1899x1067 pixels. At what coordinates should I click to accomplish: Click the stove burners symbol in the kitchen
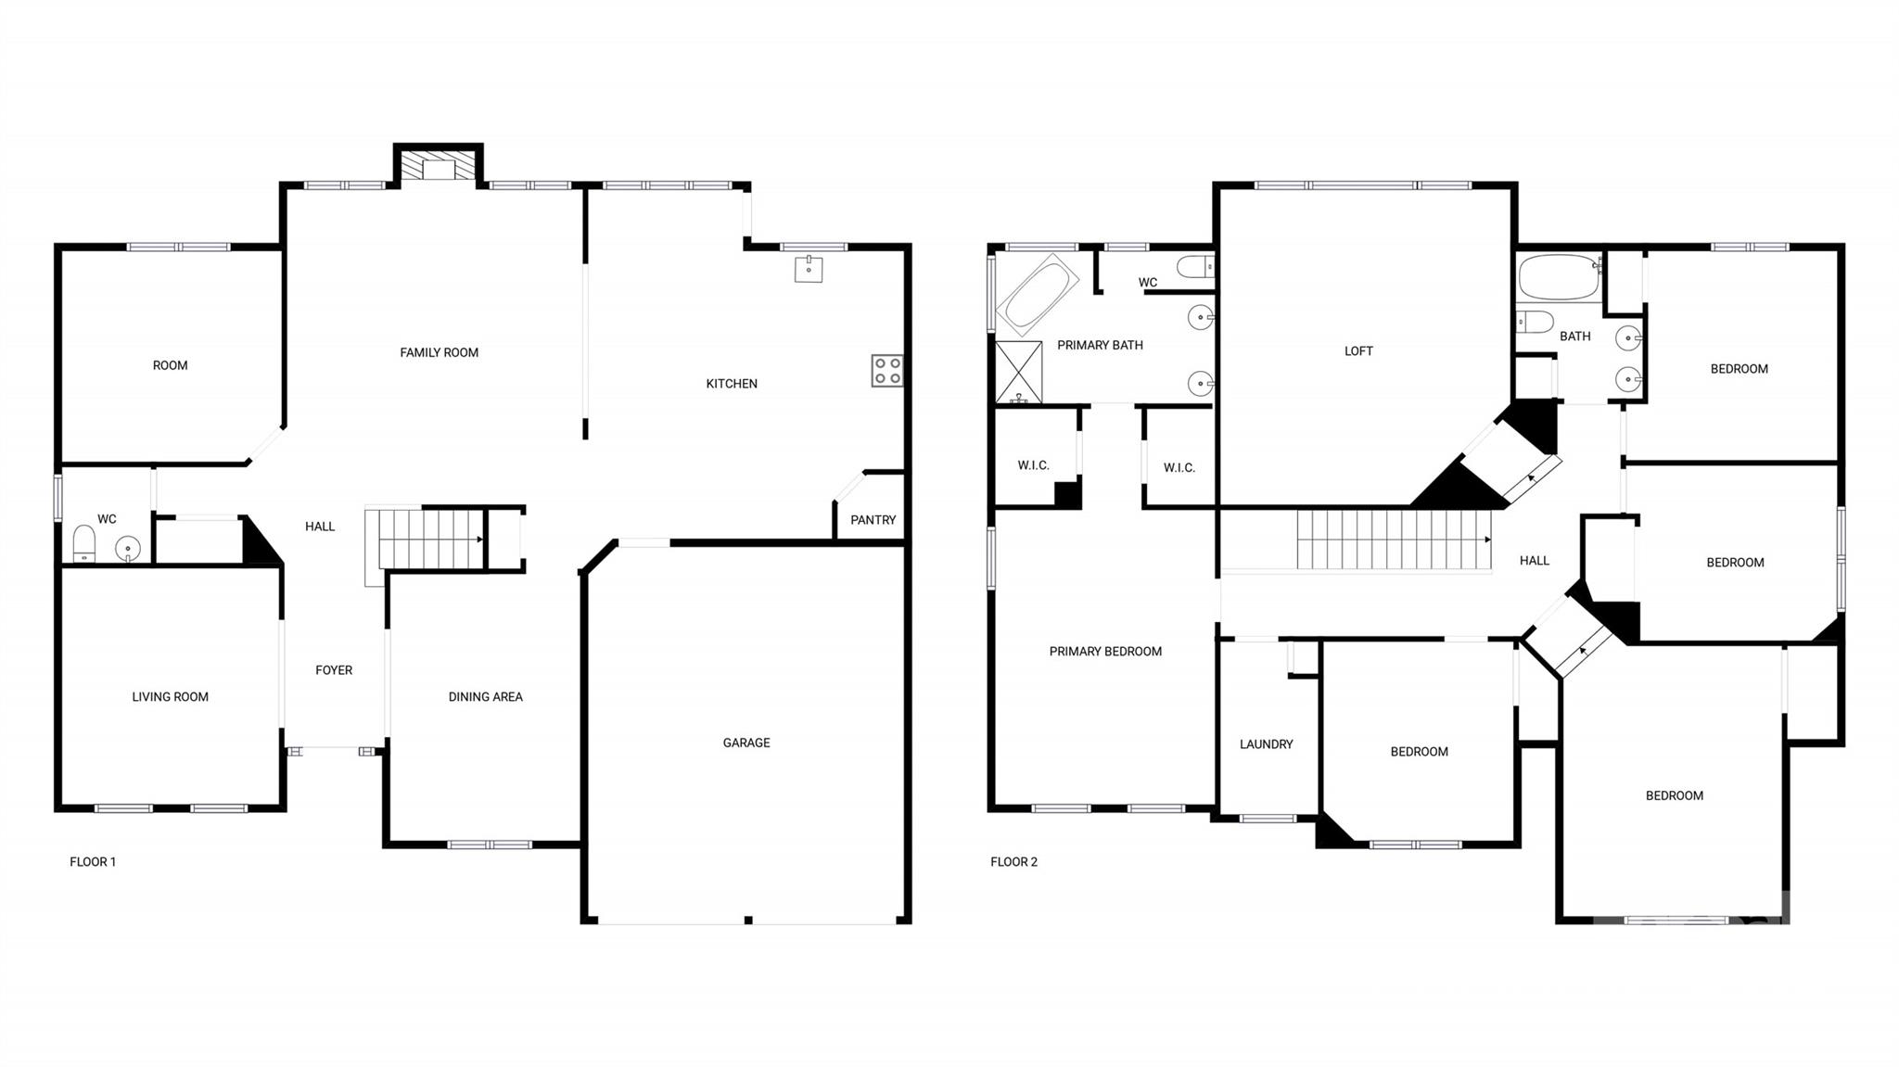886,371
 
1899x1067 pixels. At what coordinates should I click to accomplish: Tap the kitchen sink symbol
809,269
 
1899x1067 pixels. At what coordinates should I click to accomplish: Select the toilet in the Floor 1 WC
83,543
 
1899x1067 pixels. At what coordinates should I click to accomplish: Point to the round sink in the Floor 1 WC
128,550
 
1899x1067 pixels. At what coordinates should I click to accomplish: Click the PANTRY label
873,520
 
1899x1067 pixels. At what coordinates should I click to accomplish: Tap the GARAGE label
746,743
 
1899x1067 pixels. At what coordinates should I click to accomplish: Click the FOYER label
334,670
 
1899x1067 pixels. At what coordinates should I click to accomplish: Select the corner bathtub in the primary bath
1037,294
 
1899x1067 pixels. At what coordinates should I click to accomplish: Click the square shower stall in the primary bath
1018,373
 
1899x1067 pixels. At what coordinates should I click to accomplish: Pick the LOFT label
1358,351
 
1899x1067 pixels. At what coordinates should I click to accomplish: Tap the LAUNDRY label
1266,744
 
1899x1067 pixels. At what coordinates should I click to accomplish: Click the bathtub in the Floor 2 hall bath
1560,276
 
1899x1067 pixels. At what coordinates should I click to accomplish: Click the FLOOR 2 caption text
1013,862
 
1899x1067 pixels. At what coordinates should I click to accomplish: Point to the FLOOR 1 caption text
93,862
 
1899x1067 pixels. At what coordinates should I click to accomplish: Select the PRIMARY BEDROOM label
1105,652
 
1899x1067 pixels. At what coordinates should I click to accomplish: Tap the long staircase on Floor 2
1392,540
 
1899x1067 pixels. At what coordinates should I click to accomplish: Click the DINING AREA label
485,697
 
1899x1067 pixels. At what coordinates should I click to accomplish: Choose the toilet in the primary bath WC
1195,268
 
